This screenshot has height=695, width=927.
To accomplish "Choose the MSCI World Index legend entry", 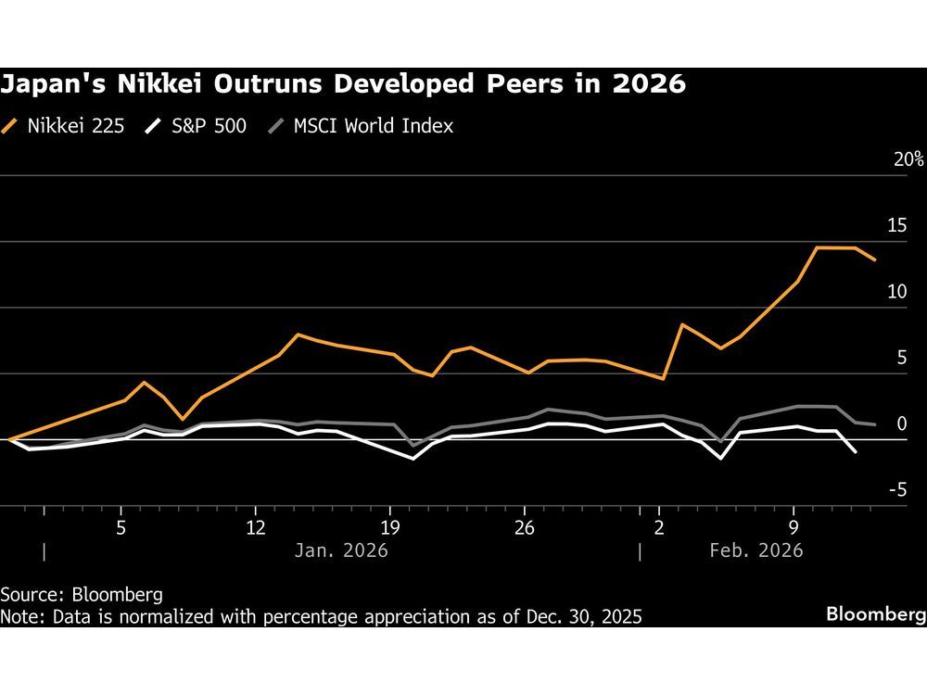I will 361,126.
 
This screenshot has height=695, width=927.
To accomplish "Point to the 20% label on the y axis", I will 908,159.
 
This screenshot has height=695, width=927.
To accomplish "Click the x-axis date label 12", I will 255,527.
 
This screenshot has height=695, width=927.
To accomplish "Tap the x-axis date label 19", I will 390,527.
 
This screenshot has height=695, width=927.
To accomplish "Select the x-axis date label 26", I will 525,527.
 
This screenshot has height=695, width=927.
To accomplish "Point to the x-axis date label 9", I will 794,527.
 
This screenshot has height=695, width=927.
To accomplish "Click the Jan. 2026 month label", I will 340,550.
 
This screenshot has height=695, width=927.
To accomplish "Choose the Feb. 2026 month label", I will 756,550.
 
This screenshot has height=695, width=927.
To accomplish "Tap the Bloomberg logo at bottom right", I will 875,614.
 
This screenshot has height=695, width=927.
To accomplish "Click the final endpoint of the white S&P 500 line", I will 856,452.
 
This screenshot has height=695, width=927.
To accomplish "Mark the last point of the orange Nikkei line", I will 875,260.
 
